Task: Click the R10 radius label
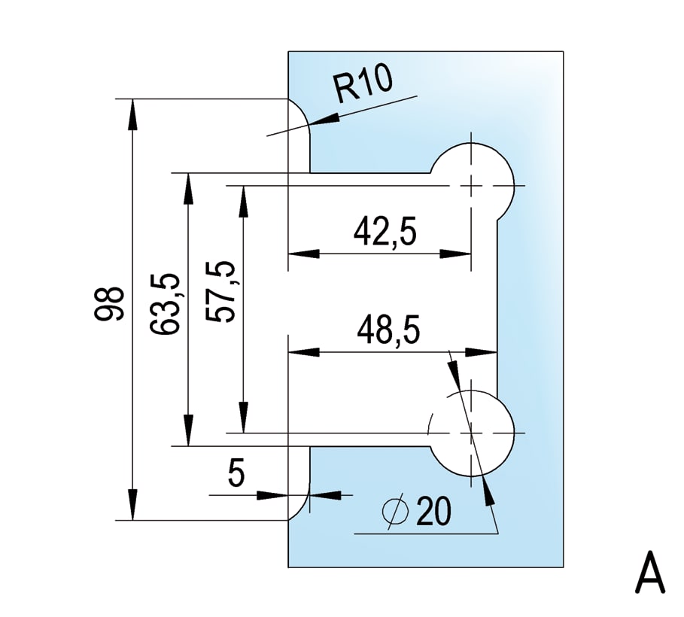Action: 364,85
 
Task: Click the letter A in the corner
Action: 650,574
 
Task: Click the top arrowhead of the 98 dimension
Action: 132,110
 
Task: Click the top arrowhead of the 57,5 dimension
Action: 243,197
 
